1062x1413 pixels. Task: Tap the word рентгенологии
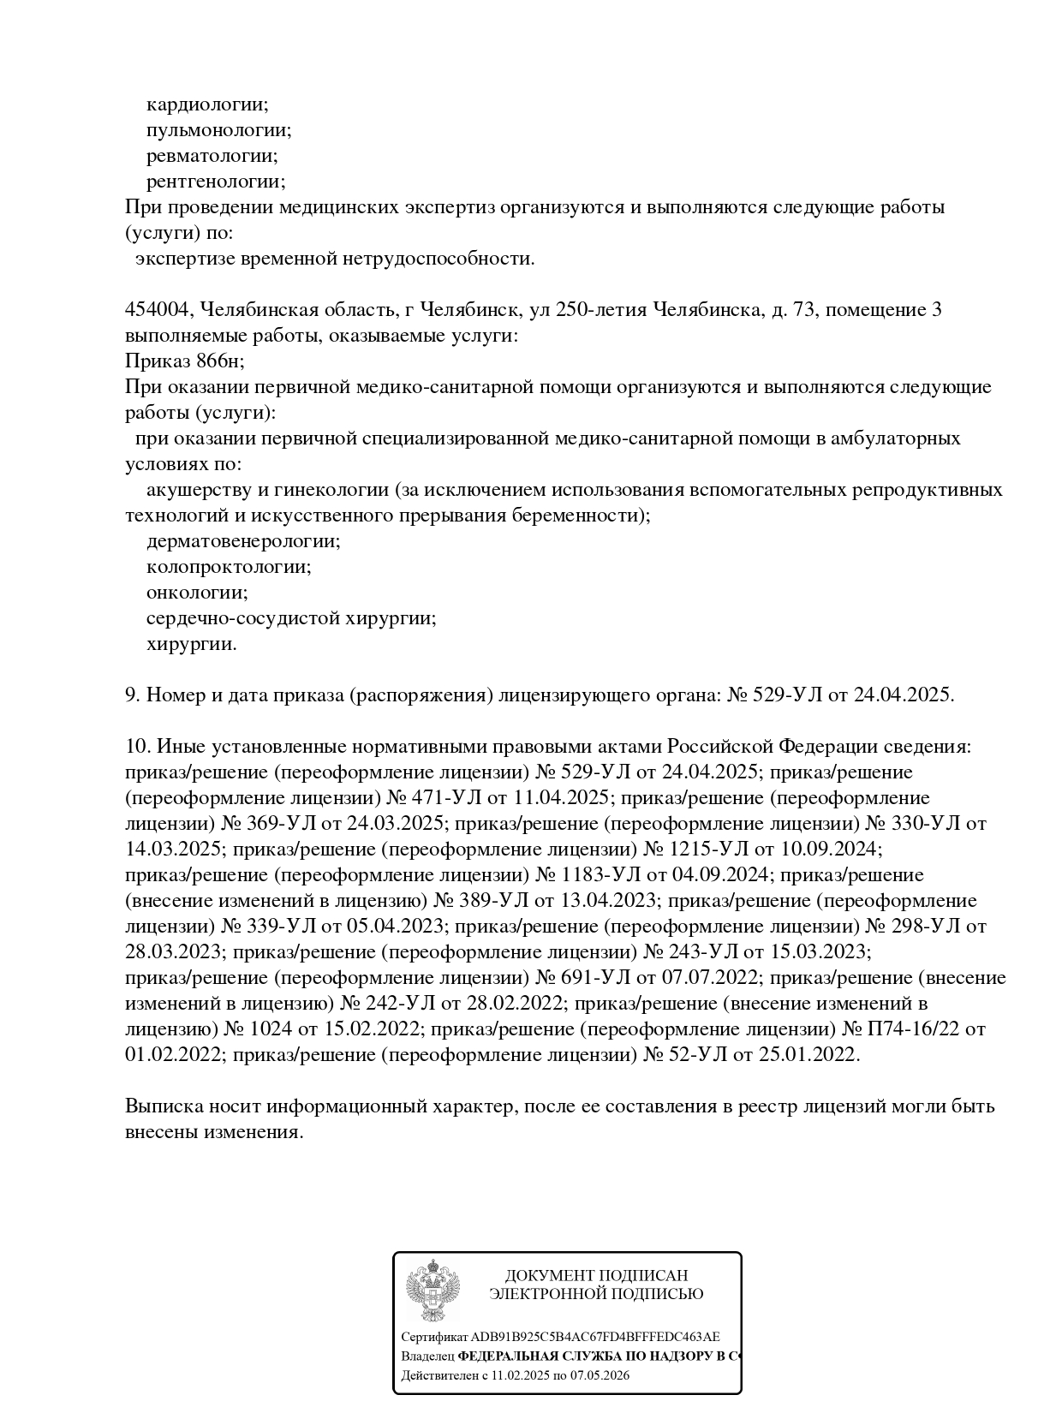click(x=215, y=182)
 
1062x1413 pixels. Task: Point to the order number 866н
click(x=218, y=361)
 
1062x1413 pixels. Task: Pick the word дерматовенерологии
click(x=242, y=541)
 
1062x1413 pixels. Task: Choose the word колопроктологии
click(x=228, y=567)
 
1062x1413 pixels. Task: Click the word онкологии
click(x=196, y=593)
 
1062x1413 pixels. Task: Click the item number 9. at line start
click(x=133, y=695)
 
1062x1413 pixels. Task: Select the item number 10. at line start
click(x=138, y=747)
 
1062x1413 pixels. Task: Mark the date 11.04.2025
click(x=558, y=798)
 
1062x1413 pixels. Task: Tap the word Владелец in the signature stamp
click(x=427, y=1356)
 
